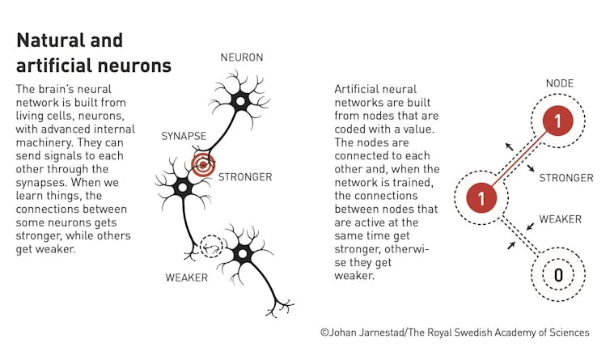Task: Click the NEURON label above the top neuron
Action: (242, 57)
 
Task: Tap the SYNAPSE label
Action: (184, 136)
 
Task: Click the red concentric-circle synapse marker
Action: (203, 165)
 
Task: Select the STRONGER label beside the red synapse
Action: (245, 177)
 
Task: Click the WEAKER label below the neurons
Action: (186, 277)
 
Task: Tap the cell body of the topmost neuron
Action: (240, 102)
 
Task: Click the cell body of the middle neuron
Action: (183, 188)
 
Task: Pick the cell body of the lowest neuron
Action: (242, 254)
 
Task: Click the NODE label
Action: (559, 83)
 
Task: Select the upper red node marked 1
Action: (558, 121)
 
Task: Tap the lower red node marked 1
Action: (481, 197)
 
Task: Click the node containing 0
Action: (558, 275)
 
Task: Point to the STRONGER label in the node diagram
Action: (566, 178)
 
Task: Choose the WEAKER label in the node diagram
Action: (560, 219)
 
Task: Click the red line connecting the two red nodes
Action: (519, 159)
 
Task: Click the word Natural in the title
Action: (45, 40)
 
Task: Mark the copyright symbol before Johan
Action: (325, 332)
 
